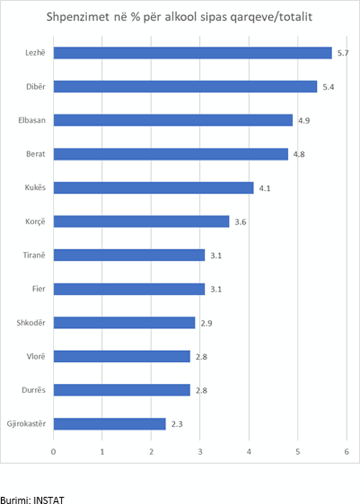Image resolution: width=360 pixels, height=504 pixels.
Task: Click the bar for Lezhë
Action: point(192,53)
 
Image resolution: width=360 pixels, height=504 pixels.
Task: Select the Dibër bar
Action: point(185,86)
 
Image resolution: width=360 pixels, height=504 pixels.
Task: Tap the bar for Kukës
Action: point(154,187)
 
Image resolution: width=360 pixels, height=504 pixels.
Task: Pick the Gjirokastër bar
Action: point(110,424)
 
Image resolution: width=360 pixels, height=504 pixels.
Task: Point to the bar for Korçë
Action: point(141,221)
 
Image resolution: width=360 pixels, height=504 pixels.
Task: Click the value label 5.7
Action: point(343,53)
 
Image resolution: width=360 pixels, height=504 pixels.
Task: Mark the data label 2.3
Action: point(177,424)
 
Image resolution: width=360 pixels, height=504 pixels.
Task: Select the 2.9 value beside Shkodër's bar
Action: point(206,323)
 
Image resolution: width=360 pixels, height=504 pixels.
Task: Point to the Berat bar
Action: point(171,154)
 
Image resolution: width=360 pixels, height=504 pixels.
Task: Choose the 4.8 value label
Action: point(299,154)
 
